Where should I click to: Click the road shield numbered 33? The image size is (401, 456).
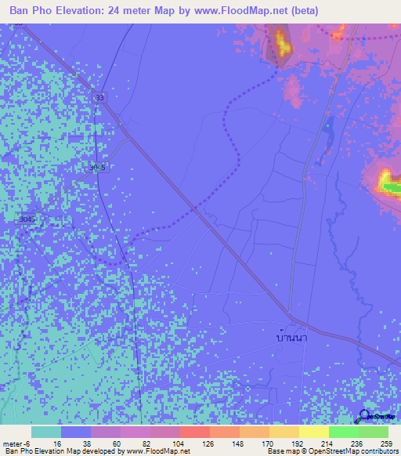(99, 97)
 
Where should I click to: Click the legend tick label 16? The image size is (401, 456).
(57, 443)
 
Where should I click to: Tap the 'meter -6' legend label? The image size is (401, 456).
(16, 443)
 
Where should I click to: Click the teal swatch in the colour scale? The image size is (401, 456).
(46, 432)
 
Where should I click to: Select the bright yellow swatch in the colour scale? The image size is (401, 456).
(313, 432)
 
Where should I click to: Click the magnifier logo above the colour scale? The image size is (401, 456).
(365, 417)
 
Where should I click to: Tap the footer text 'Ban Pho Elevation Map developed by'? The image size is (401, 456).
(61, 451)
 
